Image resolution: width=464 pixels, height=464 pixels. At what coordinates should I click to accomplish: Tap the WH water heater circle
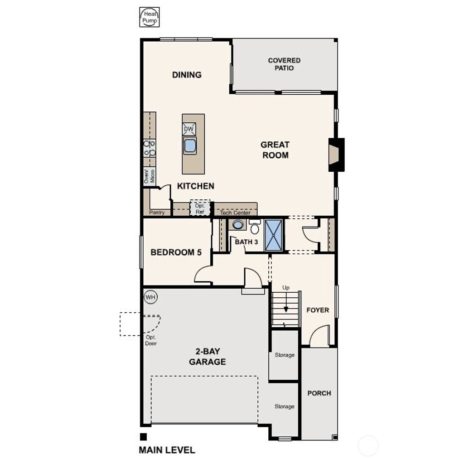(x=150, y=297)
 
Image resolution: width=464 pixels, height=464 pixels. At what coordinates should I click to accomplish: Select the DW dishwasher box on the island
(x=189, y=129)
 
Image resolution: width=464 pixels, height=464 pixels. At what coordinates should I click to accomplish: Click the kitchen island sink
(x=190, y=145)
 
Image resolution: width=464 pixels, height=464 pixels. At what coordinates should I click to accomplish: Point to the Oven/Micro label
(x=150, y=176)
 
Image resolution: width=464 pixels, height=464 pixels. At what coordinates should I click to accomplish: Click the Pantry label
(x=157, y=213)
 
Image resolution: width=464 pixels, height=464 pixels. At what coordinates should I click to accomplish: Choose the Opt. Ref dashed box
(x=200, y=208)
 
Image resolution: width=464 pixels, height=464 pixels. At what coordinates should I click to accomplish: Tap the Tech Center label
(x=235, y=213)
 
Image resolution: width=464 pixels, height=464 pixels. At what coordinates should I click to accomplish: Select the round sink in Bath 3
(x=238, y=224)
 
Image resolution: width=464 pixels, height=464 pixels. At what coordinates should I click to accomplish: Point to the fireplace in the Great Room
(x=336, y=155)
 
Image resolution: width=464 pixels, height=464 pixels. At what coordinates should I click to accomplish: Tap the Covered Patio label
(x=284, y=64)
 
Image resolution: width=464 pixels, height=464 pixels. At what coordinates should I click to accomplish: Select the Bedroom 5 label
(x=176, y=252)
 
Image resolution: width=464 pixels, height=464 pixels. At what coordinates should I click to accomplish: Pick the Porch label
(x=319, y=393)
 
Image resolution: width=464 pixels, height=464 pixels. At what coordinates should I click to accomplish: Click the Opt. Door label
(x=151, y=340)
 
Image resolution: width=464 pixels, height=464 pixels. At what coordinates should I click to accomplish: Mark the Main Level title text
(x=167, y=450)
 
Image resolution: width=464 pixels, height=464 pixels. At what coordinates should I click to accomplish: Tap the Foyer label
(x=318, y=310)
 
